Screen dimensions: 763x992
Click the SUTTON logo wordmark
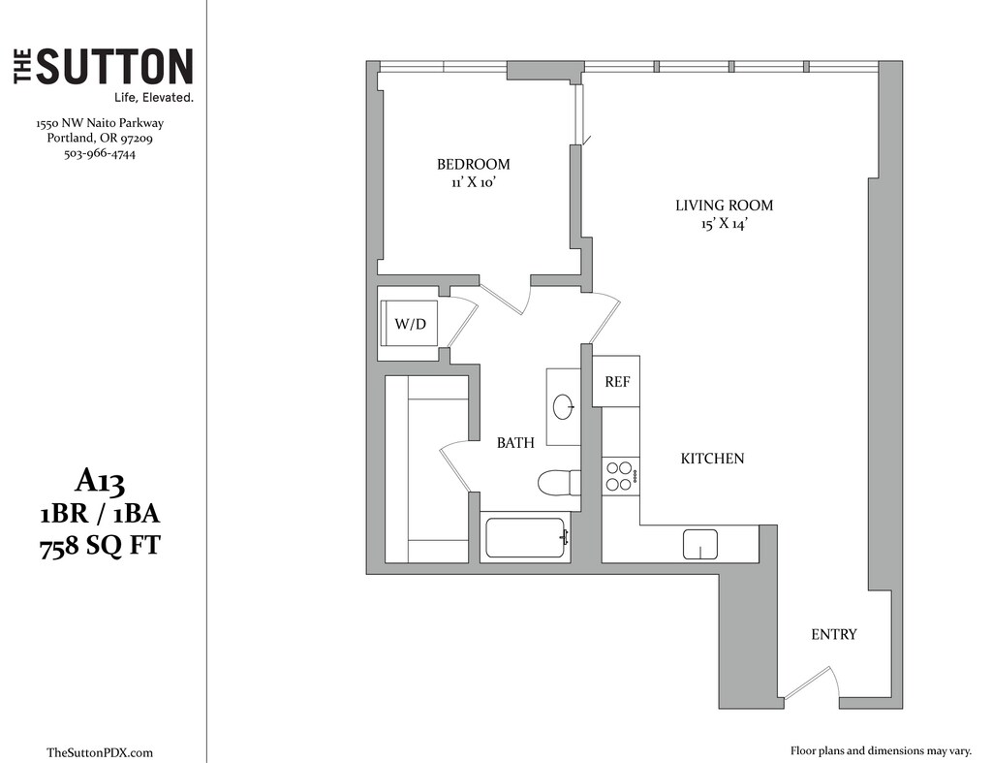(114, 68)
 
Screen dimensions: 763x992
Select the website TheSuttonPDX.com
(100, 752)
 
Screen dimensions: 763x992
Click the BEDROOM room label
(473, 164)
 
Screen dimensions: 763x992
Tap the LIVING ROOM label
(725, 206)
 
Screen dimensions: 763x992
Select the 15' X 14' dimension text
(725, 224)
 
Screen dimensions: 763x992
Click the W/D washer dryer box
(410, 323)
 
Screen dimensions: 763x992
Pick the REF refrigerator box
(617, 381)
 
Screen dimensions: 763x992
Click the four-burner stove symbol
(618, 475)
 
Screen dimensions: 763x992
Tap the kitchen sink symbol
(699, 544)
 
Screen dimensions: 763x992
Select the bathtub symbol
(525, 537)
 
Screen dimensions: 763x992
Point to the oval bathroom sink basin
(563, 407)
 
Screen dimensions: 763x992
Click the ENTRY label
(834, 634)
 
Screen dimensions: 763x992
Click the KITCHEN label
(712, 458)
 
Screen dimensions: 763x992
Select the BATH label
(515, 443)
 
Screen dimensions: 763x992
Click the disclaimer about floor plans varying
(879, 750)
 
